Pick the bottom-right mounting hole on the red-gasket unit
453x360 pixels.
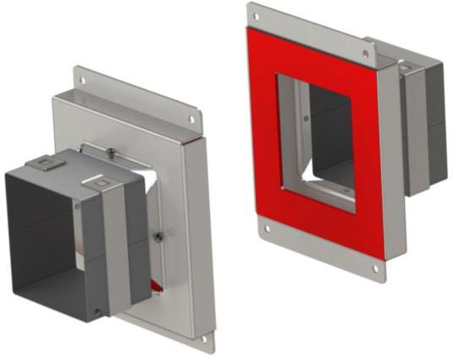(377, 269)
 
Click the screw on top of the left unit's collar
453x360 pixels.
(110, 152)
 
